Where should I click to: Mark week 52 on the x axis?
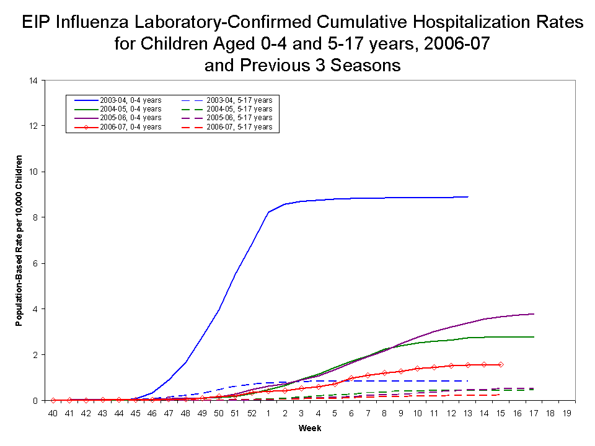pyautogui.click(x=252, y=412)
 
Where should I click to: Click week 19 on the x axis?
pyautogui.click(x=567, y=412)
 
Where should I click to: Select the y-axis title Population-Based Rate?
pyautogui.click(x=20, y=240)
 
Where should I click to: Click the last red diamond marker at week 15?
pyautogui.click(x=500, y=364)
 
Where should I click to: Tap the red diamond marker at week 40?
pyautogui.click(x=53, y=400)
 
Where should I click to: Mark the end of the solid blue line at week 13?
pyautogui.click(x=467, y=196)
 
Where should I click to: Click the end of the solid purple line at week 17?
pyautogui.click(x=534, y=314)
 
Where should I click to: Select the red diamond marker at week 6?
pyautogui.click(x=351, y=378)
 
